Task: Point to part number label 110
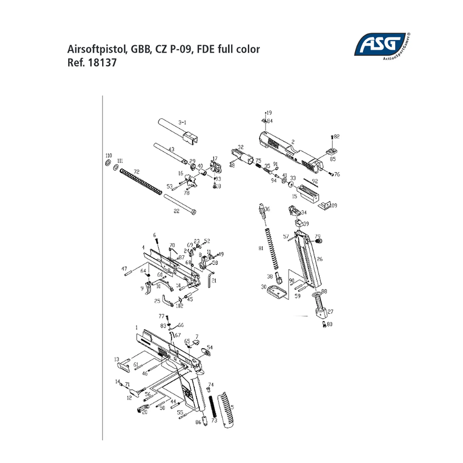point(109,156)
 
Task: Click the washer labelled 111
point(116,168)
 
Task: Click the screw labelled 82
point(332,137)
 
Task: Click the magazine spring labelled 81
point(272,248)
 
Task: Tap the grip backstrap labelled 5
point(226,410)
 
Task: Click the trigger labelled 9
point(149,288)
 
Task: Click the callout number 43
point(172,149)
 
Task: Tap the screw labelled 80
point(324,325)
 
